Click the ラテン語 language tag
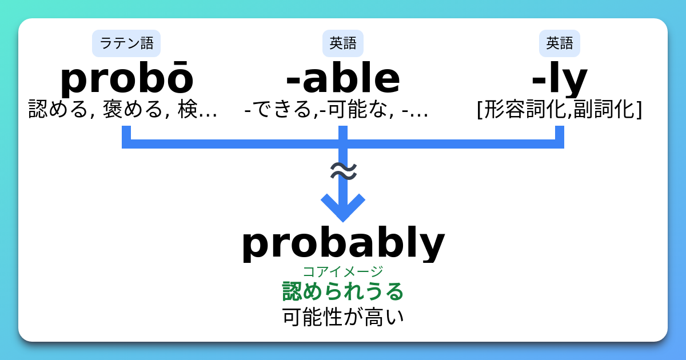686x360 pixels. (126, 43)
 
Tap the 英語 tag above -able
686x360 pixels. (343, 43)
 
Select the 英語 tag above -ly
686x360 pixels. (560, 43)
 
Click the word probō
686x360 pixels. (126, 79)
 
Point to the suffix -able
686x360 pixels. (343, 79)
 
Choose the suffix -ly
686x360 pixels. (560, 80)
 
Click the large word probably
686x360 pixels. (343, 243)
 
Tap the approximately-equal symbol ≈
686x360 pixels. (344, 171)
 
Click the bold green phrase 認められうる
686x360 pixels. (343, 291)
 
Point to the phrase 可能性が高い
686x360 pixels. (343, 317)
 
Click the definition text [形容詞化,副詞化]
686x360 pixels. (560, 109)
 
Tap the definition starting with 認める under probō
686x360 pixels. (123, 109)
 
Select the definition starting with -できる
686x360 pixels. (336, 109)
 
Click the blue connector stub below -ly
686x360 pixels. (559, 134)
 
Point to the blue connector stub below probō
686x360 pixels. (126, 134)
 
